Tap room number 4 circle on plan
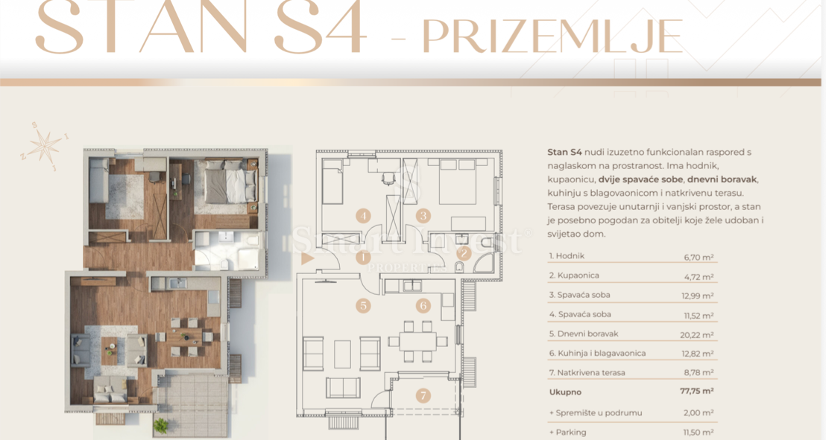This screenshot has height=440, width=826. point(363,217)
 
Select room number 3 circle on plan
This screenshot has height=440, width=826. point(423,217)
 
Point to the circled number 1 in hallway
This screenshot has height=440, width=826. point(363,258)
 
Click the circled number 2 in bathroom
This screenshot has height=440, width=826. point(464,253)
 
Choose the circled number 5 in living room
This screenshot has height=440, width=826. point(363,305)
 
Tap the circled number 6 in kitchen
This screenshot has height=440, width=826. point(423,305)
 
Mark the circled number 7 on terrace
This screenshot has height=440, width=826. point(423,395)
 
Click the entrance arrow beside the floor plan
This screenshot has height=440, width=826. point(306,259)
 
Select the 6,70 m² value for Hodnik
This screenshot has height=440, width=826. point(699,257)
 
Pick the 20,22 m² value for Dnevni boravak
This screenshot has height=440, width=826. point(699,334)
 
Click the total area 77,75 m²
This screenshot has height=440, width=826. point(698,391)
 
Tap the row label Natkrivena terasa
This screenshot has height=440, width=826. point(576,372)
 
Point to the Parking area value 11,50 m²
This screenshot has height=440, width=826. point(699,432)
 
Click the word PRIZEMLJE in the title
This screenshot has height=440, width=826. point(552,36)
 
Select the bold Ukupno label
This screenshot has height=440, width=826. point(564,391)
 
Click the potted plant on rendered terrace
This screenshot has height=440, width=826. point(160,425)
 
